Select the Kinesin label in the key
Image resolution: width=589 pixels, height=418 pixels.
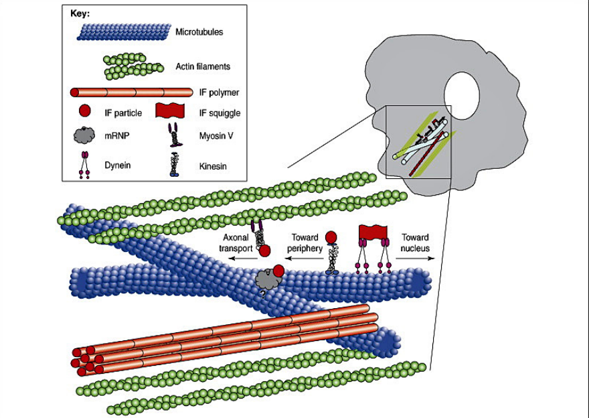click(x=209, y=163)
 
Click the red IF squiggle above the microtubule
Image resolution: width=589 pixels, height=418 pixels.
click(x=374, y=232)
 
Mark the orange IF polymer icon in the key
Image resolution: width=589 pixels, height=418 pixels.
click(x=121, y=91)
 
